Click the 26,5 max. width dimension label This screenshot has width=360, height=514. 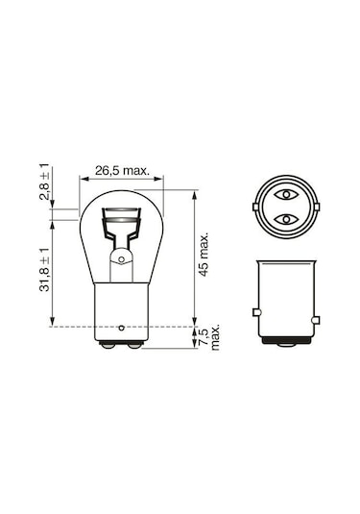[x=123, y=171]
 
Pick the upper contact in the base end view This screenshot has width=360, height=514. [x=286, y=195]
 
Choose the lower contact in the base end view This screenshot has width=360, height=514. [x=286, y=220]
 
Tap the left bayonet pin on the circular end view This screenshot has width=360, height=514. [x=254, y=207]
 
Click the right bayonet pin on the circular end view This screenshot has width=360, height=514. [x=318, y=207]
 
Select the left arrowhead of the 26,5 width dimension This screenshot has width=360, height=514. [x=85, y=180]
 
